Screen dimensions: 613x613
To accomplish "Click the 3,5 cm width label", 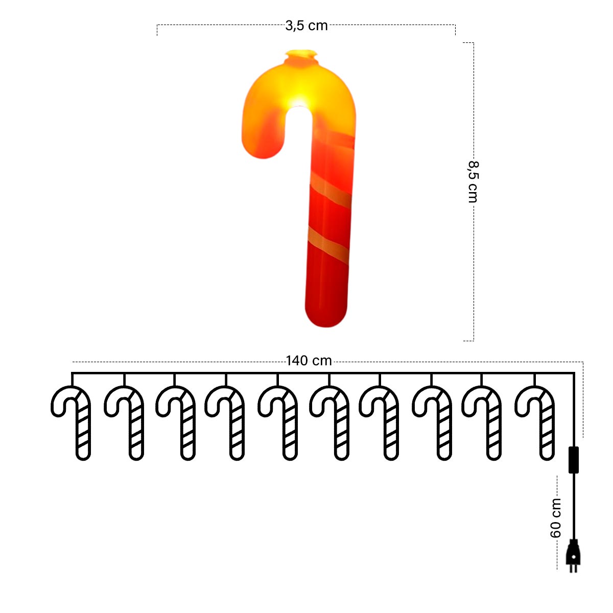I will [x=306, y=26].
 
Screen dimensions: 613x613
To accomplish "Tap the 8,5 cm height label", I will [x=473, y=182].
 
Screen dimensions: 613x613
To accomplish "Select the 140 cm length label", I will [x=309, y=361].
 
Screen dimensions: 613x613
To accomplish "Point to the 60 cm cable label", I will [x=556, y=518].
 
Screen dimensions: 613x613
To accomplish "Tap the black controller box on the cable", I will [x=574, y=460].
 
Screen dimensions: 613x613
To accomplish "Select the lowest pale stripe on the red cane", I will [x=328, y=245].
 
